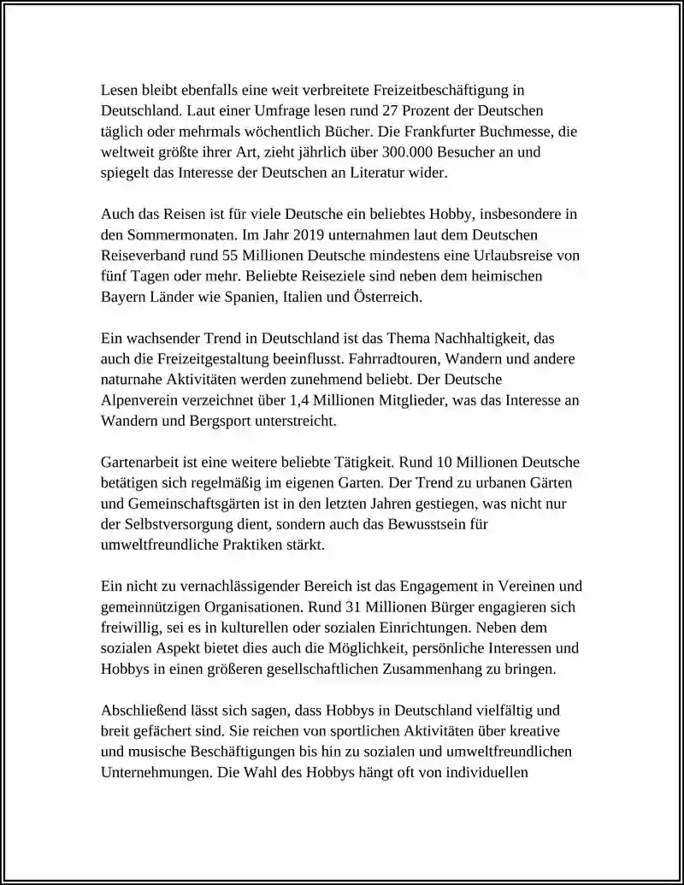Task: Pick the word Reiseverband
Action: point(142,255)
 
